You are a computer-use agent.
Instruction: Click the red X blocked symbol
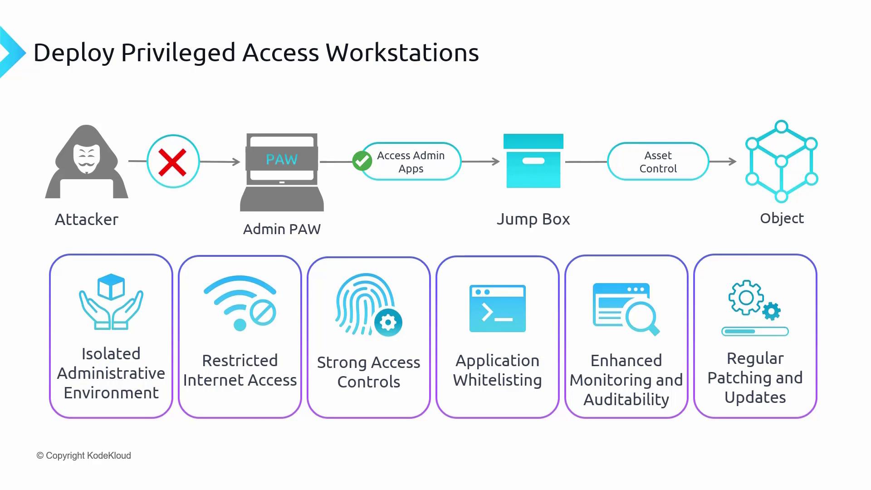point(173,162)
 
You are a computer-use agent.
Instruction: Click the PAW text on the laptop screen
point(282,159)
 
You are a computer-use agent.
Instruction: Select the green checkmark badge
point(362,161)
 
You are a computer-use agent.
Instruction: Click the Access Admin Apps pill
point(411,162)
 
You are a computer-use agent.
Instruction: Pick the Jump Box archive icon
point(533,161)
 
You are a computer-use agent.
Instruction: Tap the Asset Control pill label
point(658,162)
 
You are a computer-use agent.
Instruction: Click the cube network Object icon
point(781,161)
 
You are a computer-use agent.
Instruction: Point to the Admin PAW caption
point(282,229)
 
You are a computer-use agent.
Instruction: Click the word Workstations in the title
point(402,53)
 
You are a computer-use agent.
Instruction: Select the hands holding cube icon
point(111,301)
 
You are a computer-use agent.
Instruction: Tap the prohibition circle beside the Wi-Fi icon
point(263,313)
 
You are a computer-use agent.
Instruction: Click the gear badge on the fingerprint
point(388,323)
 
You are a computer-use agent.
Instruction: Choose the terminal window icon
point(498,309)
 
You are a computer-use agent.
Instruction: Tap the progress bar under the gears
point(755,332)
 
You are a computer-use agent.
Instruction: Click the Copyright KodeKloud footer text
point(84,456)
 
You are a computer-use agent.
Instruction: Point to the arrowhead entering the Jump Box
point(496,162)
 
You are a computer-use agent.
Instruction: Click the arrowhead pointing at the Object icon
point(733,162)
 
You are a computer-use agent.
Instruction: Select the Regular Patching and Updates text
point(755,378)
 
